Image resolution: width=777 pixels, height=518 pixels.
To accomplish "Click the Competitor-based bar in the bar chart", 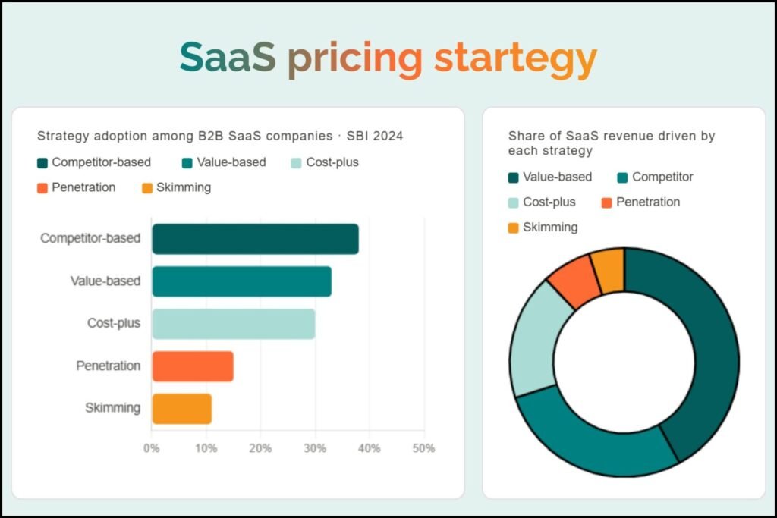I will pos(255,239).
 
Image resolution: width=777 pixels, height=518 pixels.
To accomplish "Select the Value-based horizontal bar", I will pos(241,281).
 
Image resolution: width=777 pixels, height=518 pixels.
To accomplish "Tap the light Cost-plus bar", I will pos(233,324).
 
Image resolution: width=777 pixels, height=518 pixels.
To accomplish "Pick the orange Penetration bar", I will pos(193,366).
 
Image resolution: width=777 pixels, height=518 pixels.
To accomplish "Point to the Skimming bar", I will pos(181,409).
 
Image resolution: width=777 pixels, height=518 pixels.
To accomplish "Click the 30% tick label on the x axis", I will pos(315,448).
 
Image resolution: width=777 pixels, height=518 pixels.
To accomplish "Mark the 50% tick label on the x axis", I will pos(423,448).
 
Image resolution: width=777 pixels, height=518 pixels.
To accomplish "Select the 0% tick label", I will pos(152,448).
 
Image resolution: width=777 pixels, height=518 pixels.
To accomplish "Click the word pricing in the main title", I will pos(354,58).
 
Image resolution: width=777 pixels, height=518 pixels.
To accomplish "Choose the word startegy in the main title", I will pos(515,58).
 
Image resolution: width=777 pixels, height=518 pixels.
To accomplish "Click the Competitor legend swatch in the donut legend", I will pos(622,178).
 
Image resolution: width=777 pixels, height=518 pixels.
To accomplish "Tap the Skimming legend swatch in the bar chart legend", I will pos(146,188).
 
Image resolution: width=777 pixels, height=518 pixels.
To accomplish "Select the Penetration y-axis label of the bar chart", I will pos(109,366).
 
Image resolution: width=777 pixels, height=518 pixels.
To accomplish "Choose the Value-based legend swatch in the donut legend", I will pos(513,178).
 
